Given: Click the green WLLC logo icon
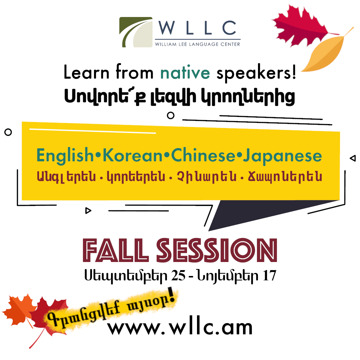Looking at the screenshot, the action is (136, 32).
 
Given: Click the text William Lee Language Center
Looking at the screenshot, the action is (197, 44).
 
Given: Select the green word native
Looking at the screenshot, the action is (185, 73).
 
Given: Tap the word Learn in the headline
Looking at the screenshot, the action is (86, 72).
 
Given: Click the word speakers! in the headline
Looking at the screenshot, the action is (256, 73).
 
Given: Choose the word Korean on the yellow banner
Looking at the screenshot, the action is (133, 156).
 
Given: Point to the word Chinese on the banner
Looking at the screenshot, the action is (203, 155).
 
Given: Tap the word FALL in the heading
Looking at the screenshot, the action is (115, 250).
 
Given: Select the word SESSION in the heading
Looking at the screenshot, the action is (217, 250).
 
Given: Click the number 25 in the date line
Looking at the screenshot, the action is (178, 275).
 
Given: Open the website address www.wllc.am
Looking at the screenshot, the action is (180, 328).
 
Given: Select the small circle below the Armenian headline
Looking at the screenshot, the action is (171, 115).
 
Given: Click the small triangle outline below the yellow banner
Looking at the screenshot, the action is (88, 211).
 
